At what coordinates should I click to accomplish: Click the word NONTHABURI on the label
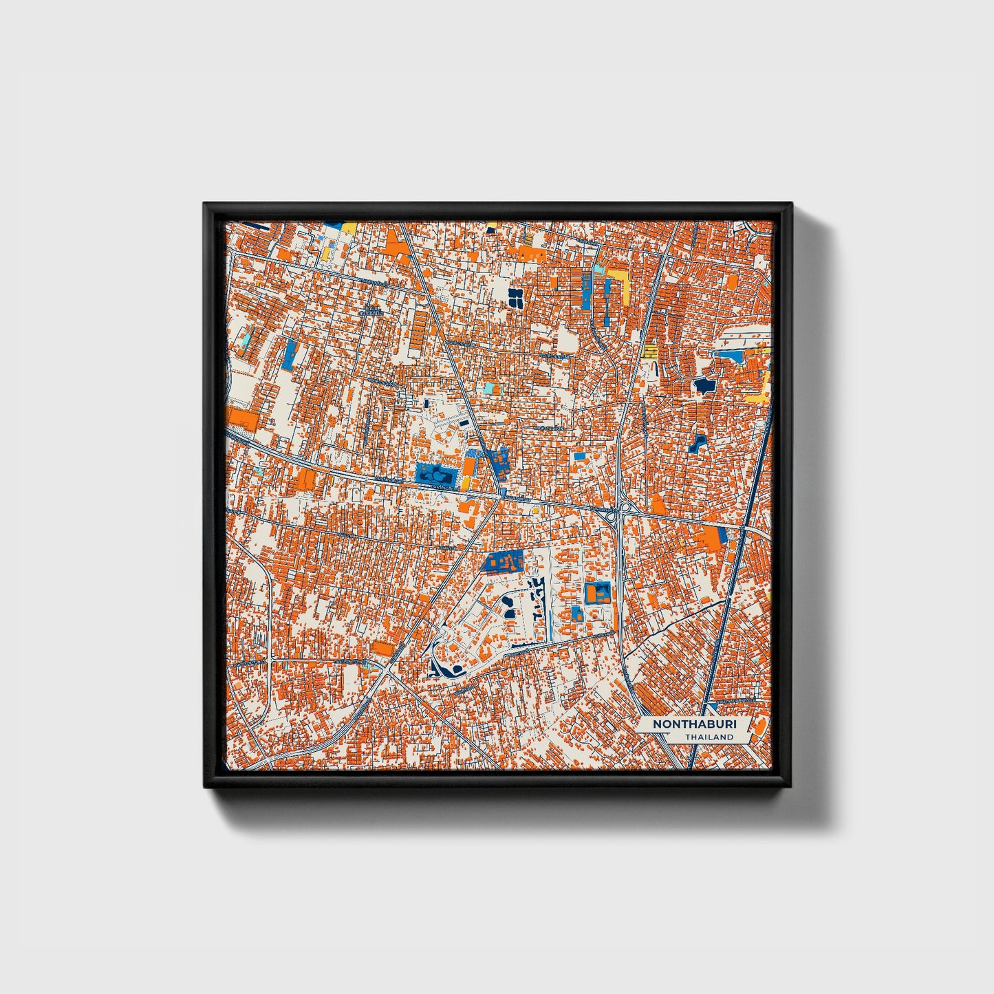[684, 724]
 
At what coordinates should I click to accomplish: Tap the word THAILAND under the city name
[709, 737]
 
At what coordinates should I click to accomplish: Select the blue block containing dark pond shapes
[435, 473]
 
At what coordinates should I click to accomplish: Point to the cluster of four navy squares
[515, 296]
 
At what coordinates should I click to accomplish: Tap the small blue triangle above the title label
[713, 706]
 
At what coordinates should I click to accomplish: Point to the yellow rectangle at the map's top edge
[349, 226]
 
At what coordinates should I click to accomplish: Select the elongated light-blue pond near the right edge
[731, 356]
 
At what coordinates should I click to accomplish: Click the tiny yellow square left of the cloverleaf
[535, 510]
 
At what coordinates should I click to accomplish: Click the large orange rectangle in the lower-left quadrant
[382, 648]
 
